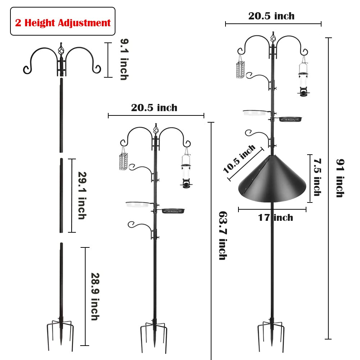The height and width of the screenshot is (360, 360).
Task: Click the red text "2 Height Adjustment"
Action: click(x=63, y=23)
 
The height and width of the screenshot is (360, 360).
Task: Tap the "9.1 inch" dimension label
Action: click(x=124, y=59)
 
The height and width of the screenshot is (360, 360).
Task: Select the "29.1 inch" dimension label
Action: click(x=82, y=195)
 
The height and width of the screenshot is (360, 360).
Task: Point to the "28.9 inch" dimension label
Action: click(x=95, y=296)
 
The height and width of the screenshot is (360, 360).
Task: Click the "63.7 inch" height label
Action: click(x=223, y=236)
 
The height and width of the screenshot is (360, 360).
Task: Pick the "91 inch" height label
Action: click(x=340, y=178)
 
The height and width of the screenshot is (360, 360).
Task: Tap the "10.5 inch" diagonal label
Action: click(x=239, y=159)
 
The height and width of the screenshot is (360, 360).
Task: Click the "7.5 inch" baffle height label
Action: click(x=317, y=177)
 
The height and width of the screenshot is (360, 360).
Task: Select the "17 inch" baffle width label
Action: click(x=275, y=218)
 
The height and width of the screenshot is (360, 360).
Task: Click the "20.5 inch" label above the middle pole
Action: click(x=154, y=108)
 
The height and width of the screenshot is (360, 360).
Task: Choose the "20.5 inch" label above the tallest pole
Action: click(x=272, y=16)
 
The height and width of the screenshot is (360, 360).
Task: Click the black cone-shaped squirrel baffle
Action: click(x=272, y=179)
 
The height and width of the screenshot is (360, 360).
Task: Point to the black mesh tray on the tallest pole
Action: click(x=290, y=119)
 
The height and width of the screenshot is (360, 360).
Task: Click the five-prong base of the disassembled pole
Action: click(x=61, y=334)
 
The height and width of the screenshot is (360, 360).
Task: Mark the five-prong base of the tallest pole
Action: click(x=272, y=335)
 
